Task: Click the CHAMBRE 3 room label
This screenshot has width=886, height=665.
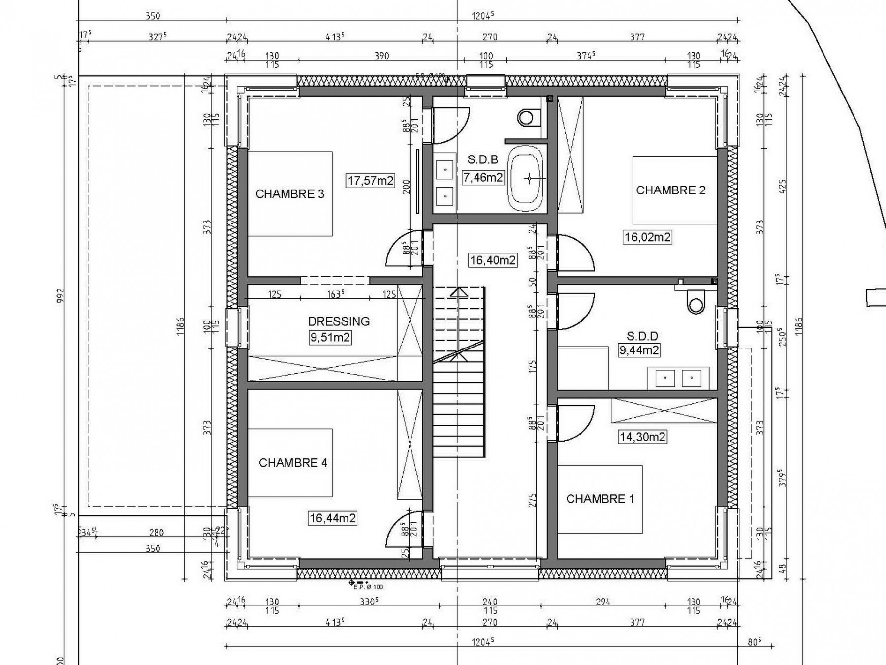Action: [290, 194]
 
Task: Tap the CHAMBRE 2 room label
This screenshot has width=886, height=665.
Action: [670, 190]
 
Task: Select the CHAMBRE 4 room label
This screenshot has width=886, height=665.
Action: [293, 463]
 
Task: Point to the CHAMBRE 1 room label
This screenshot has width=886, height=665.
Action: [600, 499]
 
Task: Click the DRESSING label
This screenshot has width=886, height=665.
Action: [339, 321]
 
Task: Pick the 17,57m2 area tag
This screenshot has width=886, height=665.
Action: [371, 181]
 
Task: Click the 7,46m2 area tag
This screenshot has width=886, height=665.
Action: [483, 177]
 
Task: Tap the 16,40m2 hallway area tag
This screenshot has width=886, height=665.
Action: [493, 260]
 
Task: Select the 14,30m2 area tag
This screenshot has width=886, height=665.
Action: [642, 437]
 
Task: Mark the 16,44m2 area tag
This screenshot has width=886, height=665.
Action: [332, 518]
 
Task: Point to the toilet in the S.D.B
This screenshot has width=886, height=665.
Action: [526, 117]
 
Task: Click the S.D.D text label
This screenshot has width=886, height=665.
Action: [642, 336]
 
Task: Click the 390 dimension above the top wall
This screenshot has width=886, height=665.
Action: [381, 56]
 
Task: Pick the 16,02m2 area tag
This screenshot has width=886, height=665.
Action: [647, 237]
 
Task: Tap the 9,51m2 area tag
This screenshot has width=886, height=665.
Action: [330, 338]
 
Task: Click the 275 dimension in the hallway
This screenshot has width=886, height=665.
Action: [532, 500]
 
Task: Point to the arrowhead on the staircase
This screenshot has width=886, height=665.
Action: [459, 292]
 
